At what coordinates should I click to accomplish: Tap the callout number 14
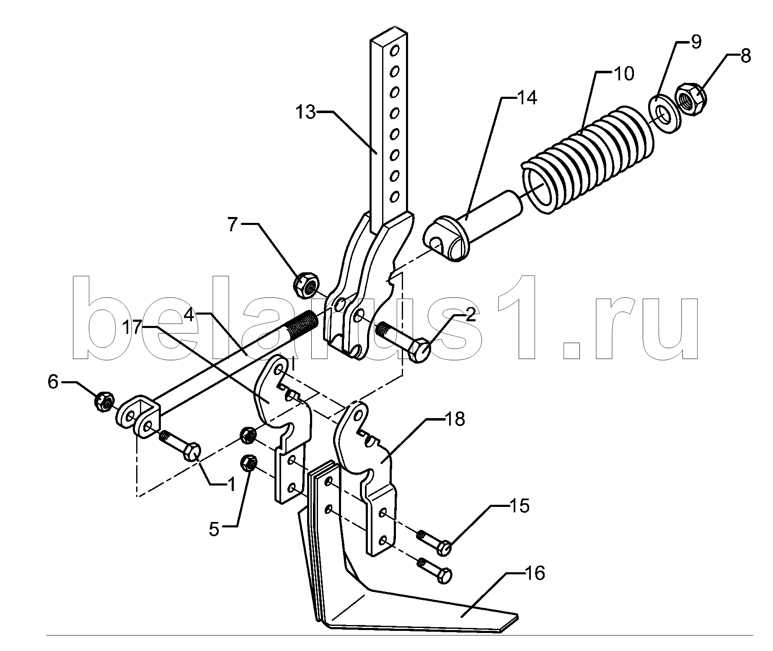[526, 98]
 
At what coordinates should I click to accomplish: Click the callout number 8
[745, 56]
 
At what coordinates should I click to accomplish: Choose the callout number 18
[455, 418]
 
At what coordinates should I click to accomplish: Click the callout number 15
[520, 506]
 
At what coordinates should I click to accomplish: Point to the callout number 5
[214, 530]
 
